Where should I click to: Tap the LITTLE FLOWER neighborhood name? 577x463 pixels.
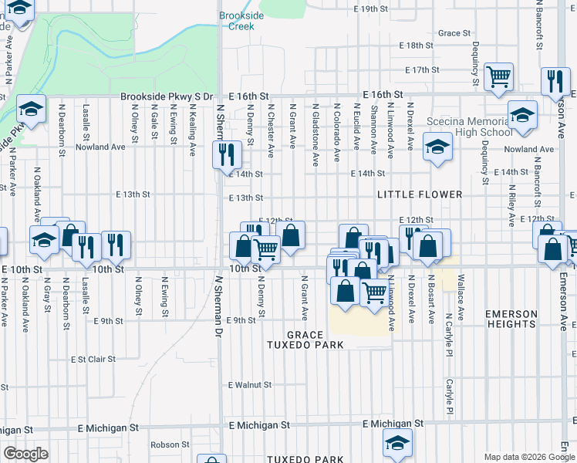coord(420,194)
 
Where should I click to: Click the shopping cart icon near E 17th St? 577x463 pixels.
coord(499,76)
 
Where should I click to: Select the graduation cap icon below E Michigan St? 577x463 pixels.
coord(397,443)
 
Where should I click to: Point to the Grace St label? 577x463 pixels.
coord(454,33)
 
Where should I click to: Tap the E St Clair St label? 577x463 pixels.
coord(93,359)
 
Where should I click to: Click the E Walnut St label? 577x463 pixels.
coord(250,384)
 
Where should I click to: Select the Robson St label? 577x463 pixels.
coord(170,444)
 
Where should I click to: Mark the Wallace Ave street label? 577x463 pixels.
coord(461,287)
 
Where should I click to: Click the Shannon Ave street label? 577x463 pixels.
coord(373,128)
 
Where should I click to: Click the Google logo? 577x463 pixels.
coord(25,454)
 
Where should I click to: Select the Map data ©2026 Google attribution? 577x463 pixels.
coord(528,456)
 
